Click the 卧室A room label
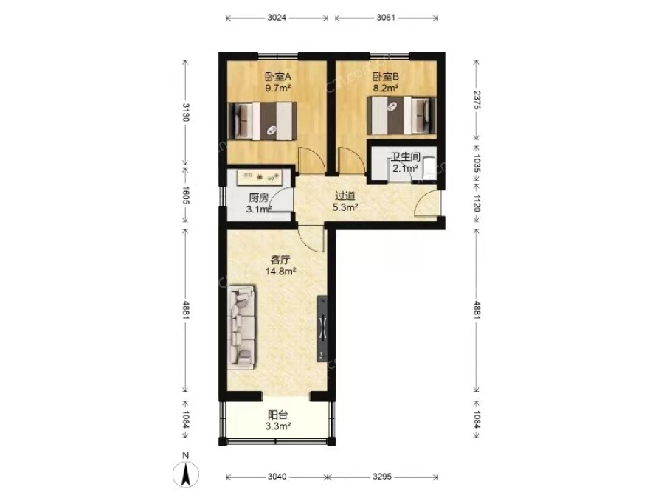point(278,77)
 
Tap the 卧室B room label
point(386,77)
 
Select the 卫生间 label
point(405,156)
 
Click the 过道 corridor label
point(345,196)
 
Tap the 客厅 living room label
point(280,259)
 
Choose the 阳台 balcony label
point(278,415)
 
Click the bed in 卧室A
point(262,120)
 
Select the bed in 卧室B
point(401,115)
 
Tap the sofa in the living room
point(242,326)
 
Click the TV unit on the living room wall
point(322,328)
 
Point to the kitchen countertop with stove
point(259,177)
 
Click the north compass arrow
point(185,474)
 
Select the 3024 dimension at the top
point(277,18)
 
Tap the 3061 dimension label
point(386,18)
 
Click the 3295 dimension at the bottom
point(382,477)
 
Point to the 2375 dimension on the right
point(477,100)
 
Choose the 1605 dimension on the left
point(185,195)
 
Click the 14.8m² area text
point(280,271)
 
